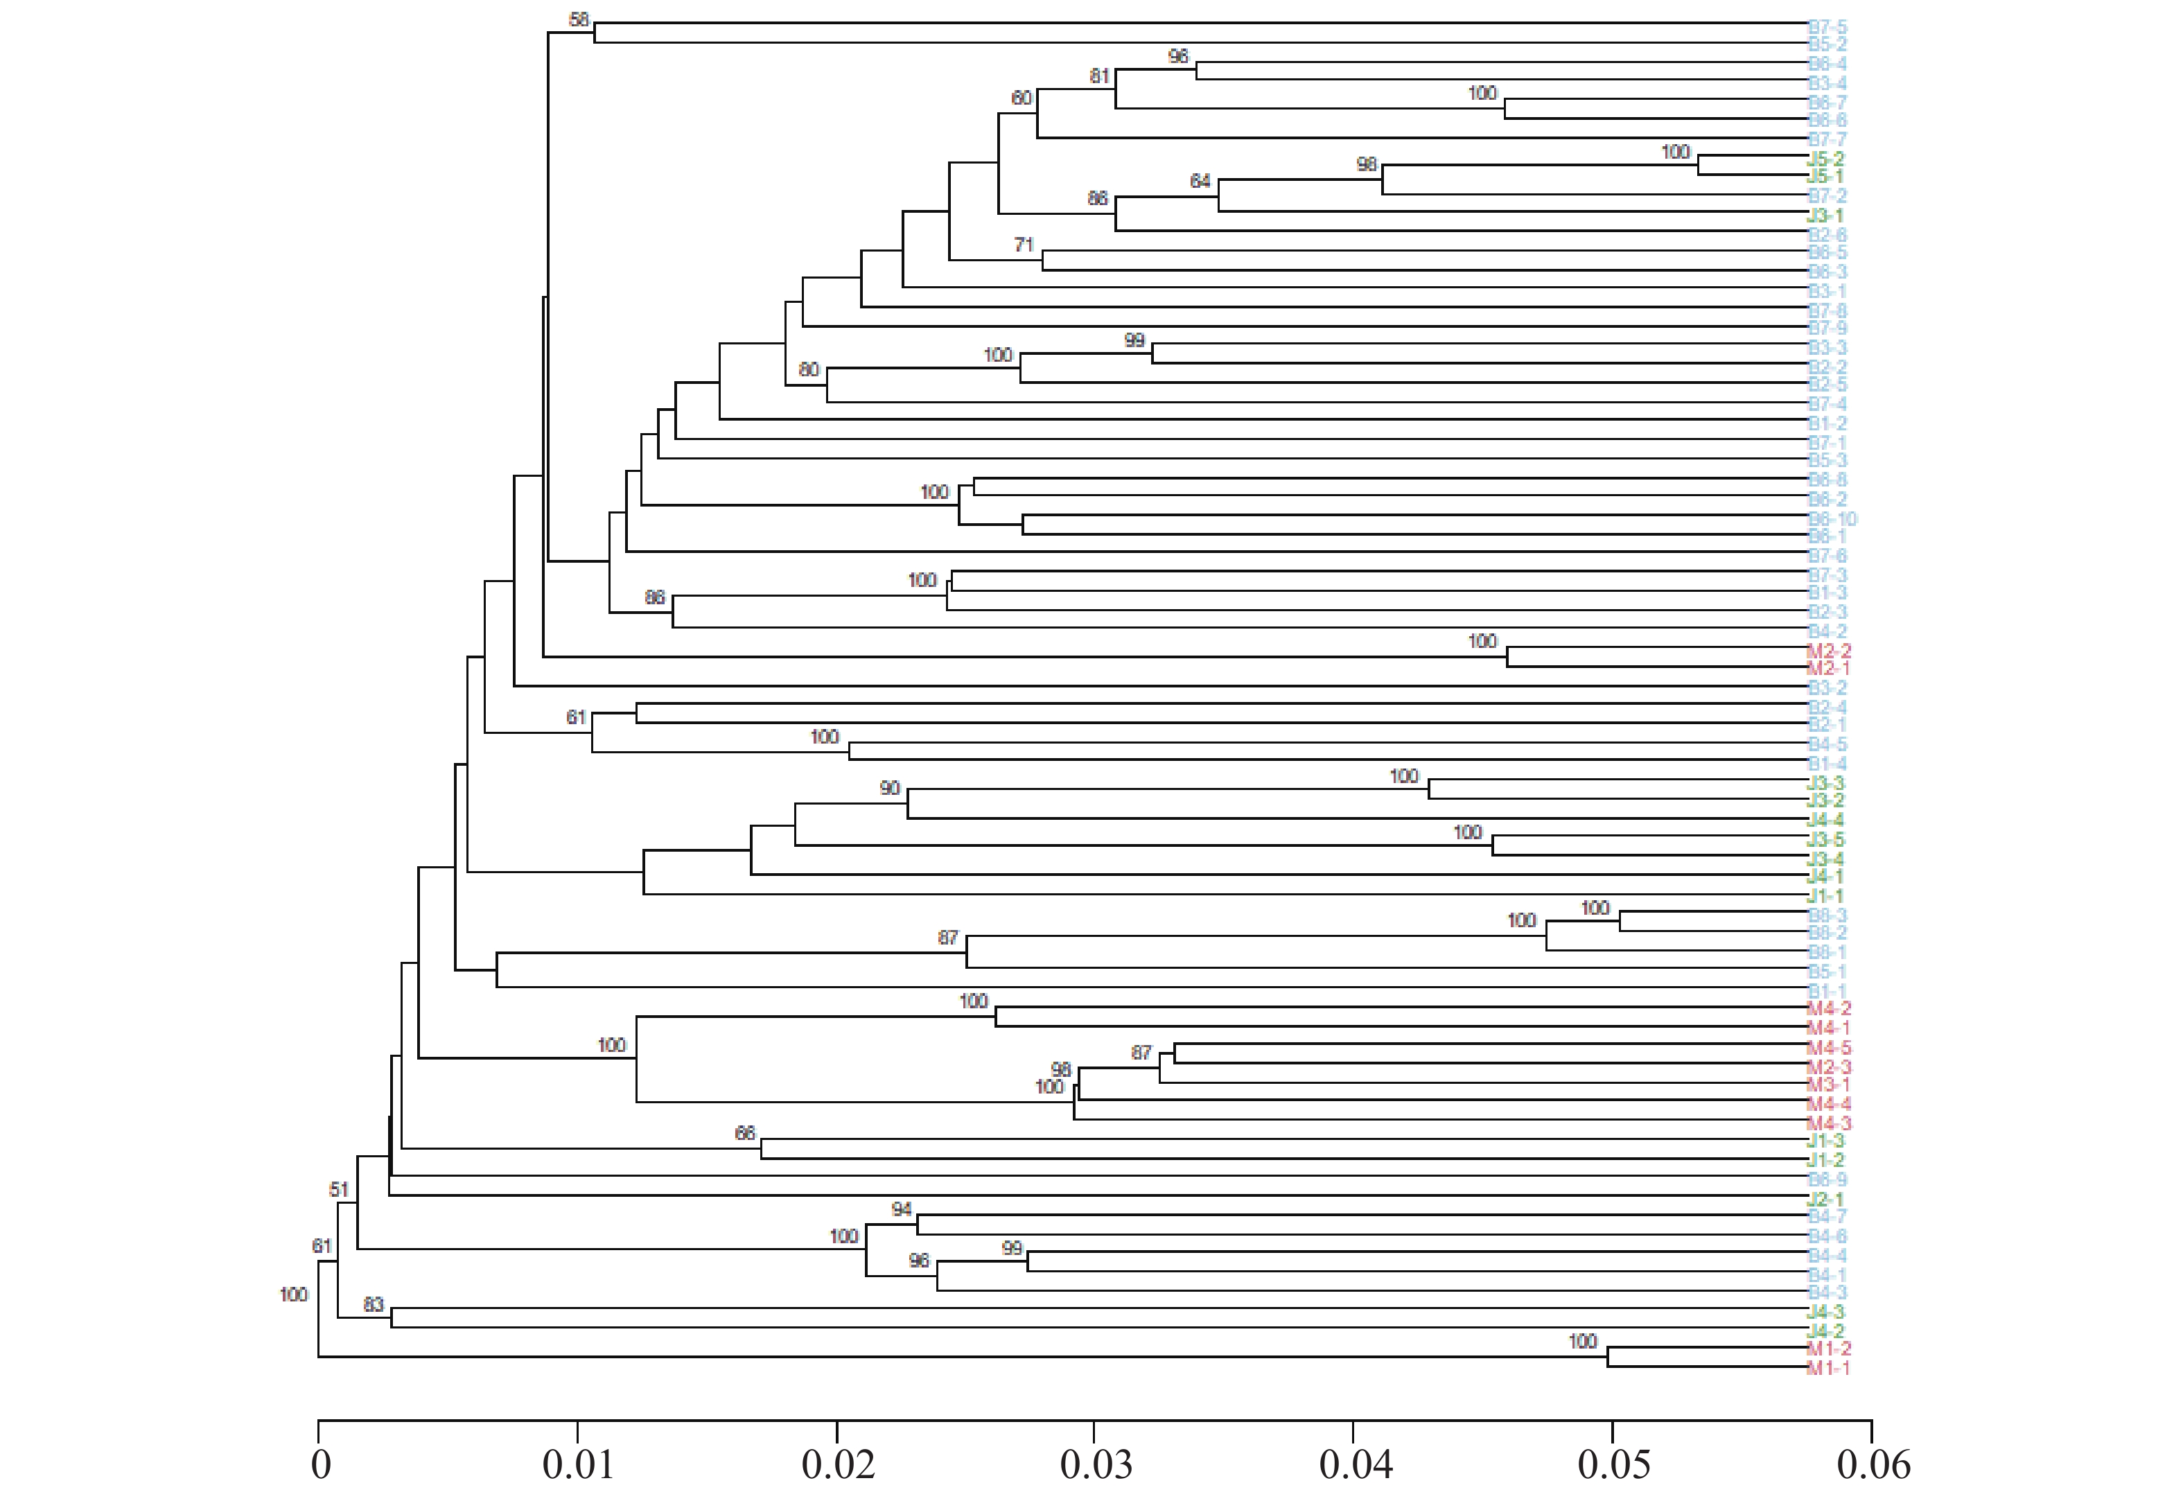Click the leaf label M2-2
pos(1829,650)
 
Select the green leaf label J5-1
pos(1825,177)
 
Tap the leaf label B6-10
pos(1832,518)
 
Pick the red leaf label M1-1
pos(1828,1368)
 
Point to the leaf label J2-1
pos(1825,1199)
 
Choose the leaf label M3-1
pos(1828,1085)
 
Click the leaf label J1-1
pos(1825,895)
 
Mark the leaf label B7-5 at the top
pos(1827,27)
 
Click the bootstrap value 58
pos(579,19)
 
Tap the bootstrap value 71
pos(1024,245)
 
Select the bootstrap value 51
pos(339,1189)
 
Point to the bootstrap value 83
pos(374,1305)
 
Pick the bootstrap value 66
pos(745,1134)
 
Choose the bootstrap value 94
pos(902,1209)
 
